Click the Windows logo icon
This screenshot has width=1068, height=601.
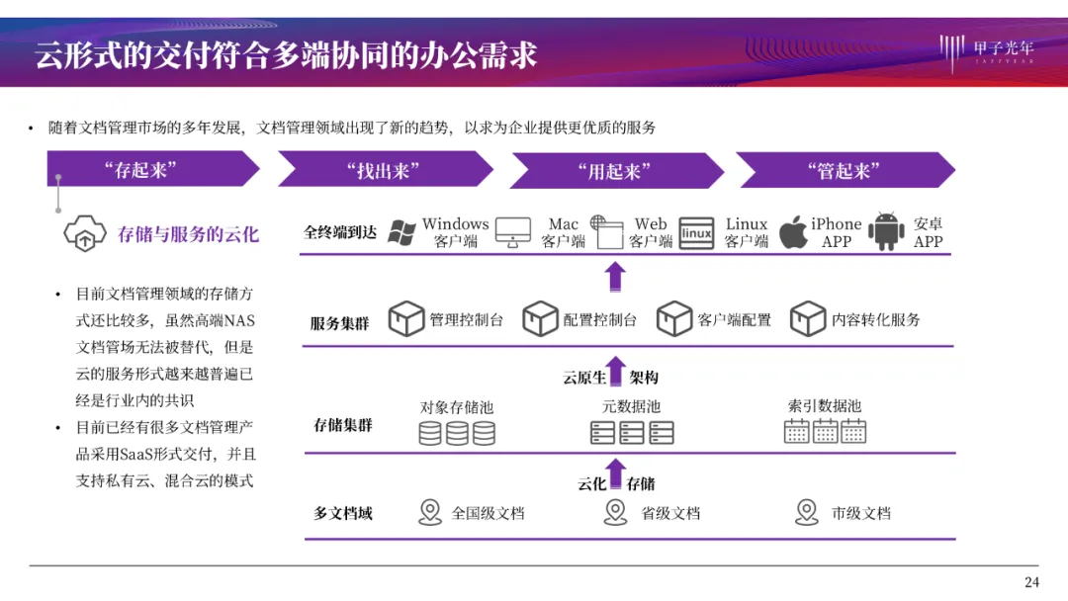(400, 232)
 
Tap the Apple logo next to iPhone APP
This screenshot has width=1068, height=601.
(793, 232)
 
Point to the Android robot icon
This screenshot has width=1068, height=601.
(886, 232)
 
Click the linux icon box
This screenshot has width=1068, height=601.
(696, 232)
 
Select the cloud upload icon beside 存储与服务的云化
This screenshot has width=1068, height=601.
(85, 234)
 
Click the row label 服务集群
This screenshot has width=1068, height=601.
(339, 323)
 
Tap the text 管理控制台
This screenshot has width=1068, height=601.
(466, 320)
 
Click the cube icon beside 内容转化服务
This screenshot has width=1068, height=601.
(807, 319)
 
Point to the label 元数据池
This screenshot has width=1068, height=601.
(631, 406)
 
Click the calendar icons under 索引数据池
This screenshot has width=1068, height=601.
(825, 431)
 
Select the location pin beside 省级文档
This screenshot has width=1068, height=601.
(615, 512)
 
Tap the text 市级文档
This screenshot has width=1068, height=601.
(860, 513)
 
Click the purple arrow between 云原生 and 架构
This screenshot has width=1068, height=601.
(615, 373)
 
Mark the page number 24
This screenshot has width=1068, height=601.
(1031, 581)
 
